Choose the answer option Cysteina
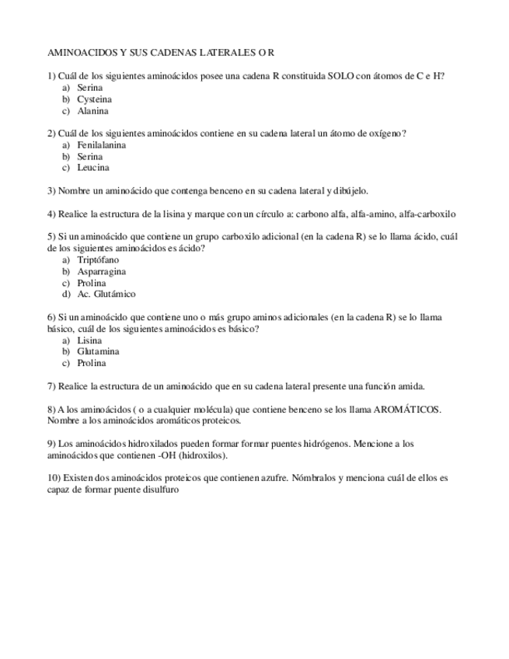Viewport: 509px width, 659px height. [94, 99]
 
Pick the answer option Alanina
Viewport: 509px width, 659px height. [92, 111]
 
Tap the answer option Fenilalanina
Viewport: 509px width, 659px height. [101, 145]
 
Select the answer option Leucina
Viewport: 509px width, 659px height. [93, 168]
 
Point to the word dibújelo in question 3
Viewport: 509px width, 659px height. [351, 190]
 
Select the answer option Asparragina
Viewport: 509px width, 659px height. [101, 272]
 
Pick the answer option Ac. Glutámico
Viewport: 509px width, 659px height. [106, 295]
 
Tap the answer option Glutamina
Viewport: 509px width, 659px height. [98, 352]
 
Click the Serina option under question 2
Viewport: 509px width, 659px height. [90, 157]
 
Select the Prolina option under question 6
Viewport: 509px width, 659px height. [92, 363]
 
